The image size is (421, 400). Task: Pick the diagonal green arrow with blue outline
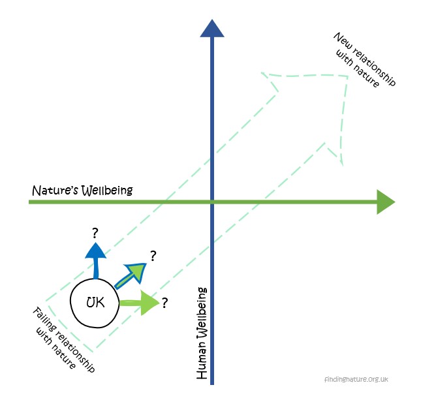(x=131, y=273)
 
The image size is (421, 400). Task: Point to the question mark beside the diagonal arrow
(x=153, y=255)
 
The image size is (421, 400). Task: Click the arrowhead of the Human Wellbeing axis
(x=212, y=28)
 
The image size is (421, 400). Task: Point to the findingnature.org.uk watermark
(x=355, y=380)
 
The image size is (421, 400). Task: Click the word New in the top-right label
(x=340, y=40)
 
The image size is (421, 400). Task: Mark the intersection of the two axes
(x=212, y=202)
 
